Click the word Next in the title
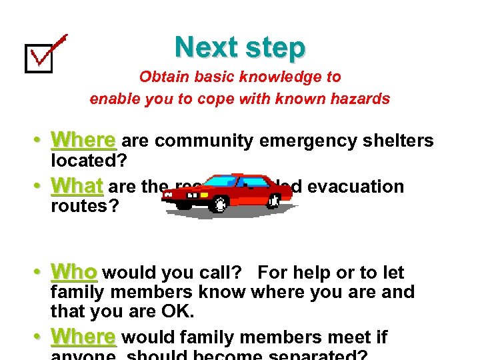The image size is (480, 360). point(205,47)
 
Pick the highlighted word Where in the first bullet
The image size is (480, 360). point(83,141)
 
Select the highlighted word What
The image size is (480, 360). point(77,185)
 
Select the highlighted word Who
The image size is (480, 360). point(75,273)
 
